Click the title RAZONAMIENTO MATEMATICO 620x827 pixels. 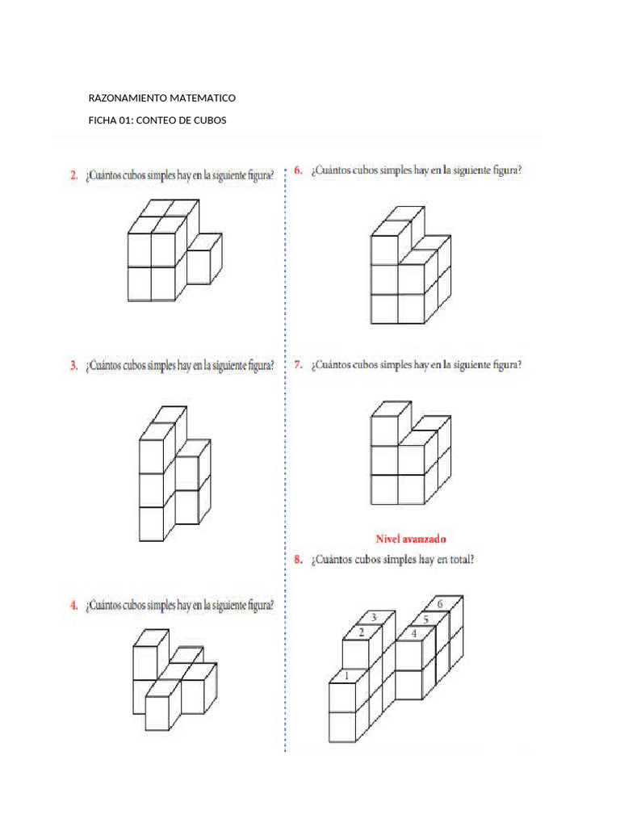(161, 98)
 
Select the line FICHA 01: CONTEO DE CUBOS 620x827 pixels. (157, 120)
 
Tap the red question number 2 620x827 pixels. (73, 175)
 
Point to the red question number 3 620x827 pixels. (73, 366)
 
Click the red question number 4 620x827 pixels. (73, 604)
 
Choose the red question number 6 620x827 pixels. (298, 170)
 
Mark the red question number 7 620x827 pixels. (298, 364)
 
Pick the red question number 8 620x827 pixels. (298, 558)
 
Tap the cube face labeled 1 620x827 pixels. (346, 676)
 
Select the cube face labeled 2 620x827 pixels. (362, 632)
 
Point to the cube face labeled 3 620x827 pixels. (374, 618)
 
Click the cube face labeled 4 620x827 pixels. (414, 634)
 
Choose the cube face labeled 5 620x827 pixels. (426, 619)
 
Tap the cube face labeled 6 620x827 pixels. (440, 604)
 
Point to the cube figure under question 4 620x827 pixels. (174, 678)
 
